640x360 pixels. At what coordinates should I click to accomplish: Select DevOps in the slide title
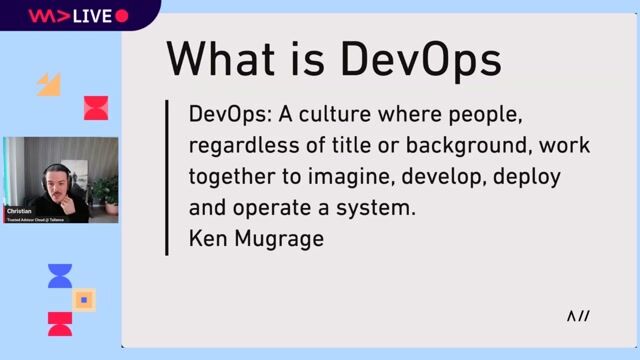[421, 59]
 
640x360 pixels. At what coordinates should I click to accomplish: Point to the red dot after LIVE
[122, 16]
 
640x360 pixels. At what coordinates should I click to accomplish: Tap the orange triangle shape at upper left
[49, 86]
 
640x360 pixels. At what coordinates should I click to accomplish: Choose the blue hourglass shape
[60, 276]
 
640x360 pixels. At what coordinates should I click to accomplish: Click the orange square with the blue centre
[85, 299]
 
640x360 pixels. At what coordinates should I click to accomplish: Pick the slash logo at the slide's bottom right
[578, 317]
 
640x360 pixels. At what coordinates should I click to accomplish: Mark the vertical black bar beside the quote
[168, 176]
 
